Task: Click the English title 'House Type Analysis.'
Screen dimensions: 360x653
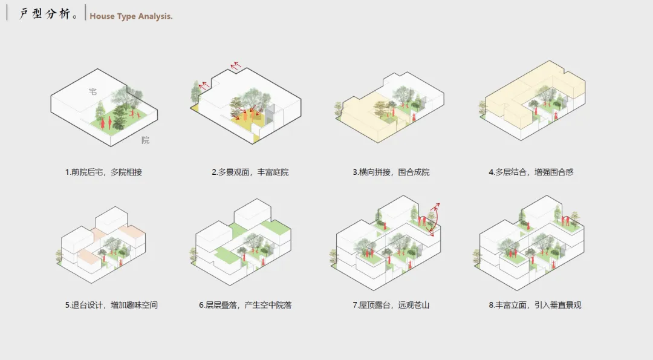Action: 131,16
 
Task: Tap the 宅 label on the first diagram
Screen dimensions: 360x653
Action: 93,91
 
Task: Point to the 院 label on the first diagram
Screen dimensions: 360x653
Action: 145,140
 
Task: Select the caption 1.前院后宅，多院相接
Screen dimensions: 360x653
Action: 103,172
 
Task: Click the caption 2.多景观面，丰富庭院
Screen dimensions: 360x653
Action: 250,172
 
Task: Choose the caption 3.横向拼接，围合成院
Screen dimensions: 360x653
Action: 391,172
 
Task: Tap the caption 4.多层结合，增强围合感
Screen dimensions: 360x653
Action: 531,172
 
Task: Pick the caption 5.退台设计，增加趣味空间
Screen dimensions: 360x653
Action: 111,305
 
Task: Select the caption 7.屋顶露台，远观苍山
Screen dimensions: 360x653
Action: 391,305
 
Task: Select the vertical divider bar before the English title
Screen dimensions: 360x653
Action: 86,13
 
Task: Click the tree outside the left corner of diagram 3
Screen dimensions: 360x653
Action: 338,109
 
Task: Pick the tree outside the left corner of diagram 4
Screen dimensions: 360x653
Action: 482,107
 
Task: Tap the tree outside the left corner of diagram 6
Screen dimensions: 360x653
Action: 193,254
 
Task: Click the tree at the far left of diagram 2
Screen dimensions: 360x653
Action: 195,91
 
